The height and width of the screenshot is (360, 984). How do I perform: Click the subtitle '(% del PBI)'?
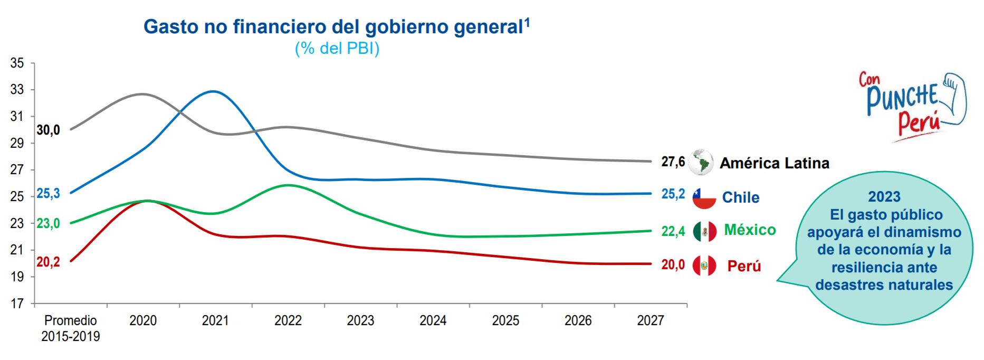click(337, 49)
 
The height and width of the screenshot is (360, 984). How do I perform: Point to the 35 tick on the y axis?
click(17, 63)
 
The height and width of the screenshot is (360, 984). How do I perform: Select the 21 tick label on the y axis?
click(17, 250)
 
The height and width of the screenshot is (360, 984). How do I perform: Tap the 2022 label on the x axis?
click(288, 320)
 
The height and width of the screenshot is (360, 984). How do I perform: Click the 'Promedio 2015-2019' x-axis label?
click(71, 328)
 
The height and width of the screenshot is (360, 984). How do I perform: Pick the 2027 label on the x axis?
click(650, 320)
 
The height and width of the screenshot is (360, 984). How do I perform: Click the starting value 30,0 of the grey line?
click(48, 130)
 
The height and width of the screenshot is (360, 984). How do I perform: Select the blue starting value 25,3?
click(48, 194)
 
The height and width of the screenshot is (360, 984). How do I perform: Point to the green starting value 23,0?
click(48, 223)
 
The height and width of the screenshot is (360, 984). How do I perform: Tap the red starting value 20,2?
click(48, 262)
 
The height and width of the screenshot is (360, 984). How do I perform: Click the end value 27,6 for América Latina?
click(673, 162)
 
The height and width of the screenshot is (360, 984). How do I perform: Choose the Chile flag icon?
click(704, 197)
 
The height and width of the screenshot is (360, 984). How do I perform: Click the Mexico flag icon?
click(704, 231)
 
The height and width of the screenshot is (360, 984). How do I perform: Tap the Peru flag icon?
click(704, 266)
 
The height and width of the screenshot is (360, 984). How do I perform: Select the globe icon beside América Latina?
click(701, 162)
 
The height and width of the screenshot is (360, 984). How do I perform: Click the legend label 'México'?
click(750, 230)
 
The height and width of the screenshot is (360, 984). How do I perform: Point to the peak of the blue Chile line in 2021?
click(213, 91)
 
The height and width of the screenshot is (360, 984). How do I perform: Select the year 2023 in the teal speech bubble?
click(884, 197)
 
